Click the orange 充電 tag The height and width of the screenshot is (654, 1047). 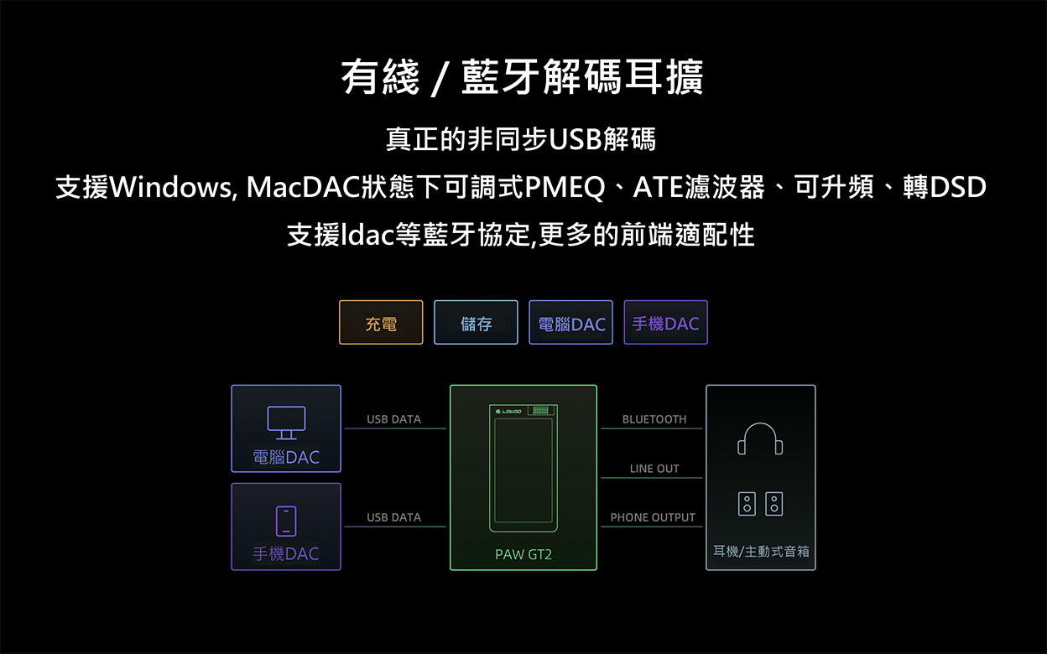[381, 323]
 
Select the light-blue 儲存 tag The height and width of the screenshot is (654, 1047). [476, 323]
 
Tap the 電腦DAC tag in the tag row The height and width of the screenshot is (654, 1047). [570, 323]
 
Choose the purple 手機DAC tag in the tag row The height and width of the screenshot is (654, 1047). [665, 323]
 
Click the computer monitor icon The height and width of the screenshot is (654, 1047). [285, 423]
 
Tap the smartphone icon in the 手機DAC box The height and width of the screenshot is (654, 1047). [286, 521]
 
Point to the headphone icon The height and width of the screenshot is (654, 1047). [760, 438]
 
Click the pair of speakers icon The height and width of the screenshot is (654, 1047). [760, 504]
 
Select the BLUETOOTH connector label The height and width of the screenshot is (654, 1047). [654, 419]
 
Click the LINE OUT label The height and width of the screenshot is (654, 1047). [654, 469]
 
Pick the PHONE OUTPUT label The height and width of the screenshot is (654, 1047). [653, 517]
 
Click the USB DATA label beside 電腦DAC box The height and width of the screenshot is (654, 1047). [393, 419]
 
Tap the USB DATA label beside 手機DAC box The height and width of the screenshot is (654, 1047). [393, 517]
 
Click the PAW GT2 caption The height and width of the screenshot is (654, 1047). [523, 554]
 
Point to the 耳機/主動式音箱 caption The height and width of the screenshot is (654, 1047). [761, 551]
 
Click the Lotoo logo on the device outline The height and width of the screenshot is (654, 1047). [510, 411]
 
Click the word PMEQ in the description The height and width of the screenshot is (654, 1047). [565, 187]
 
